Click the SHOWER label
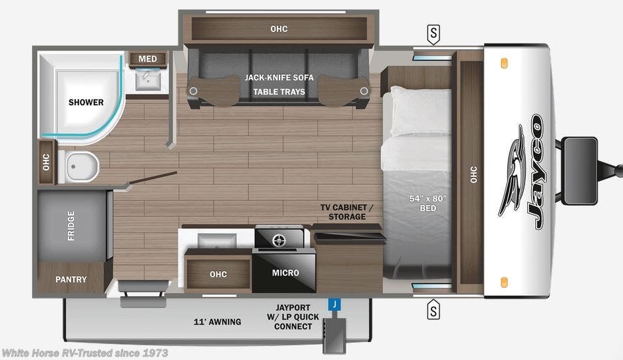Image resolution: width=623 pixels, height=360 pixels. [x=86, y=102]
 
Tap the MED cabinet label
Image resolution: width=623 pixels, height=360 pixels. [x=148, y=59]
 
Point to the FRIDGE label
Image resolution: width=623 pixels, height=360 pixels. [x=71, y=226]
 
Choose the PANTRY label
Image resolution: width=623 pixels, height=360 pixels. [x=71, y=279]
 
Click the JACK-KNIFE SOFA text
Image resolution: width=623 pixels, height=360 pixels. [x=279, y=78]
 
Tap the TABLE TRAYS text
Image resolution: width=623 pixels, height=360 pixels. [x=279, y=92]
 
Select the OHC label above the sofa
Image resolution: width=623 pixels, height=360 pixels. [x=279, y=29]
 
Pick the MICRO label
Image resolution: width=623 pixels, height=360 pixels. [x=286, y=273]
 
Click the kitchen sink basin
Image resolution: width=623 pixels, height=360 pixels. [x=216, y=239]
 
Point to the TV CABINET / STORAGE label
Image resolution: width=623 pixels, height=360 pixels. [x=347, y=212]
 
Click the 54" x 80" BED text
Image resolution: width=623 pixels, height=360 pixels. [x=427, y=203]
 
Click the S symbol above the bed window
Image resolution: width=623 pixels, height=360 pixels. [x=434, y=33]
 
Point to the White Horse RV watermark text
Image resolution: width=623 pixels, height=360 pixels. [x=85, y=353]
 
